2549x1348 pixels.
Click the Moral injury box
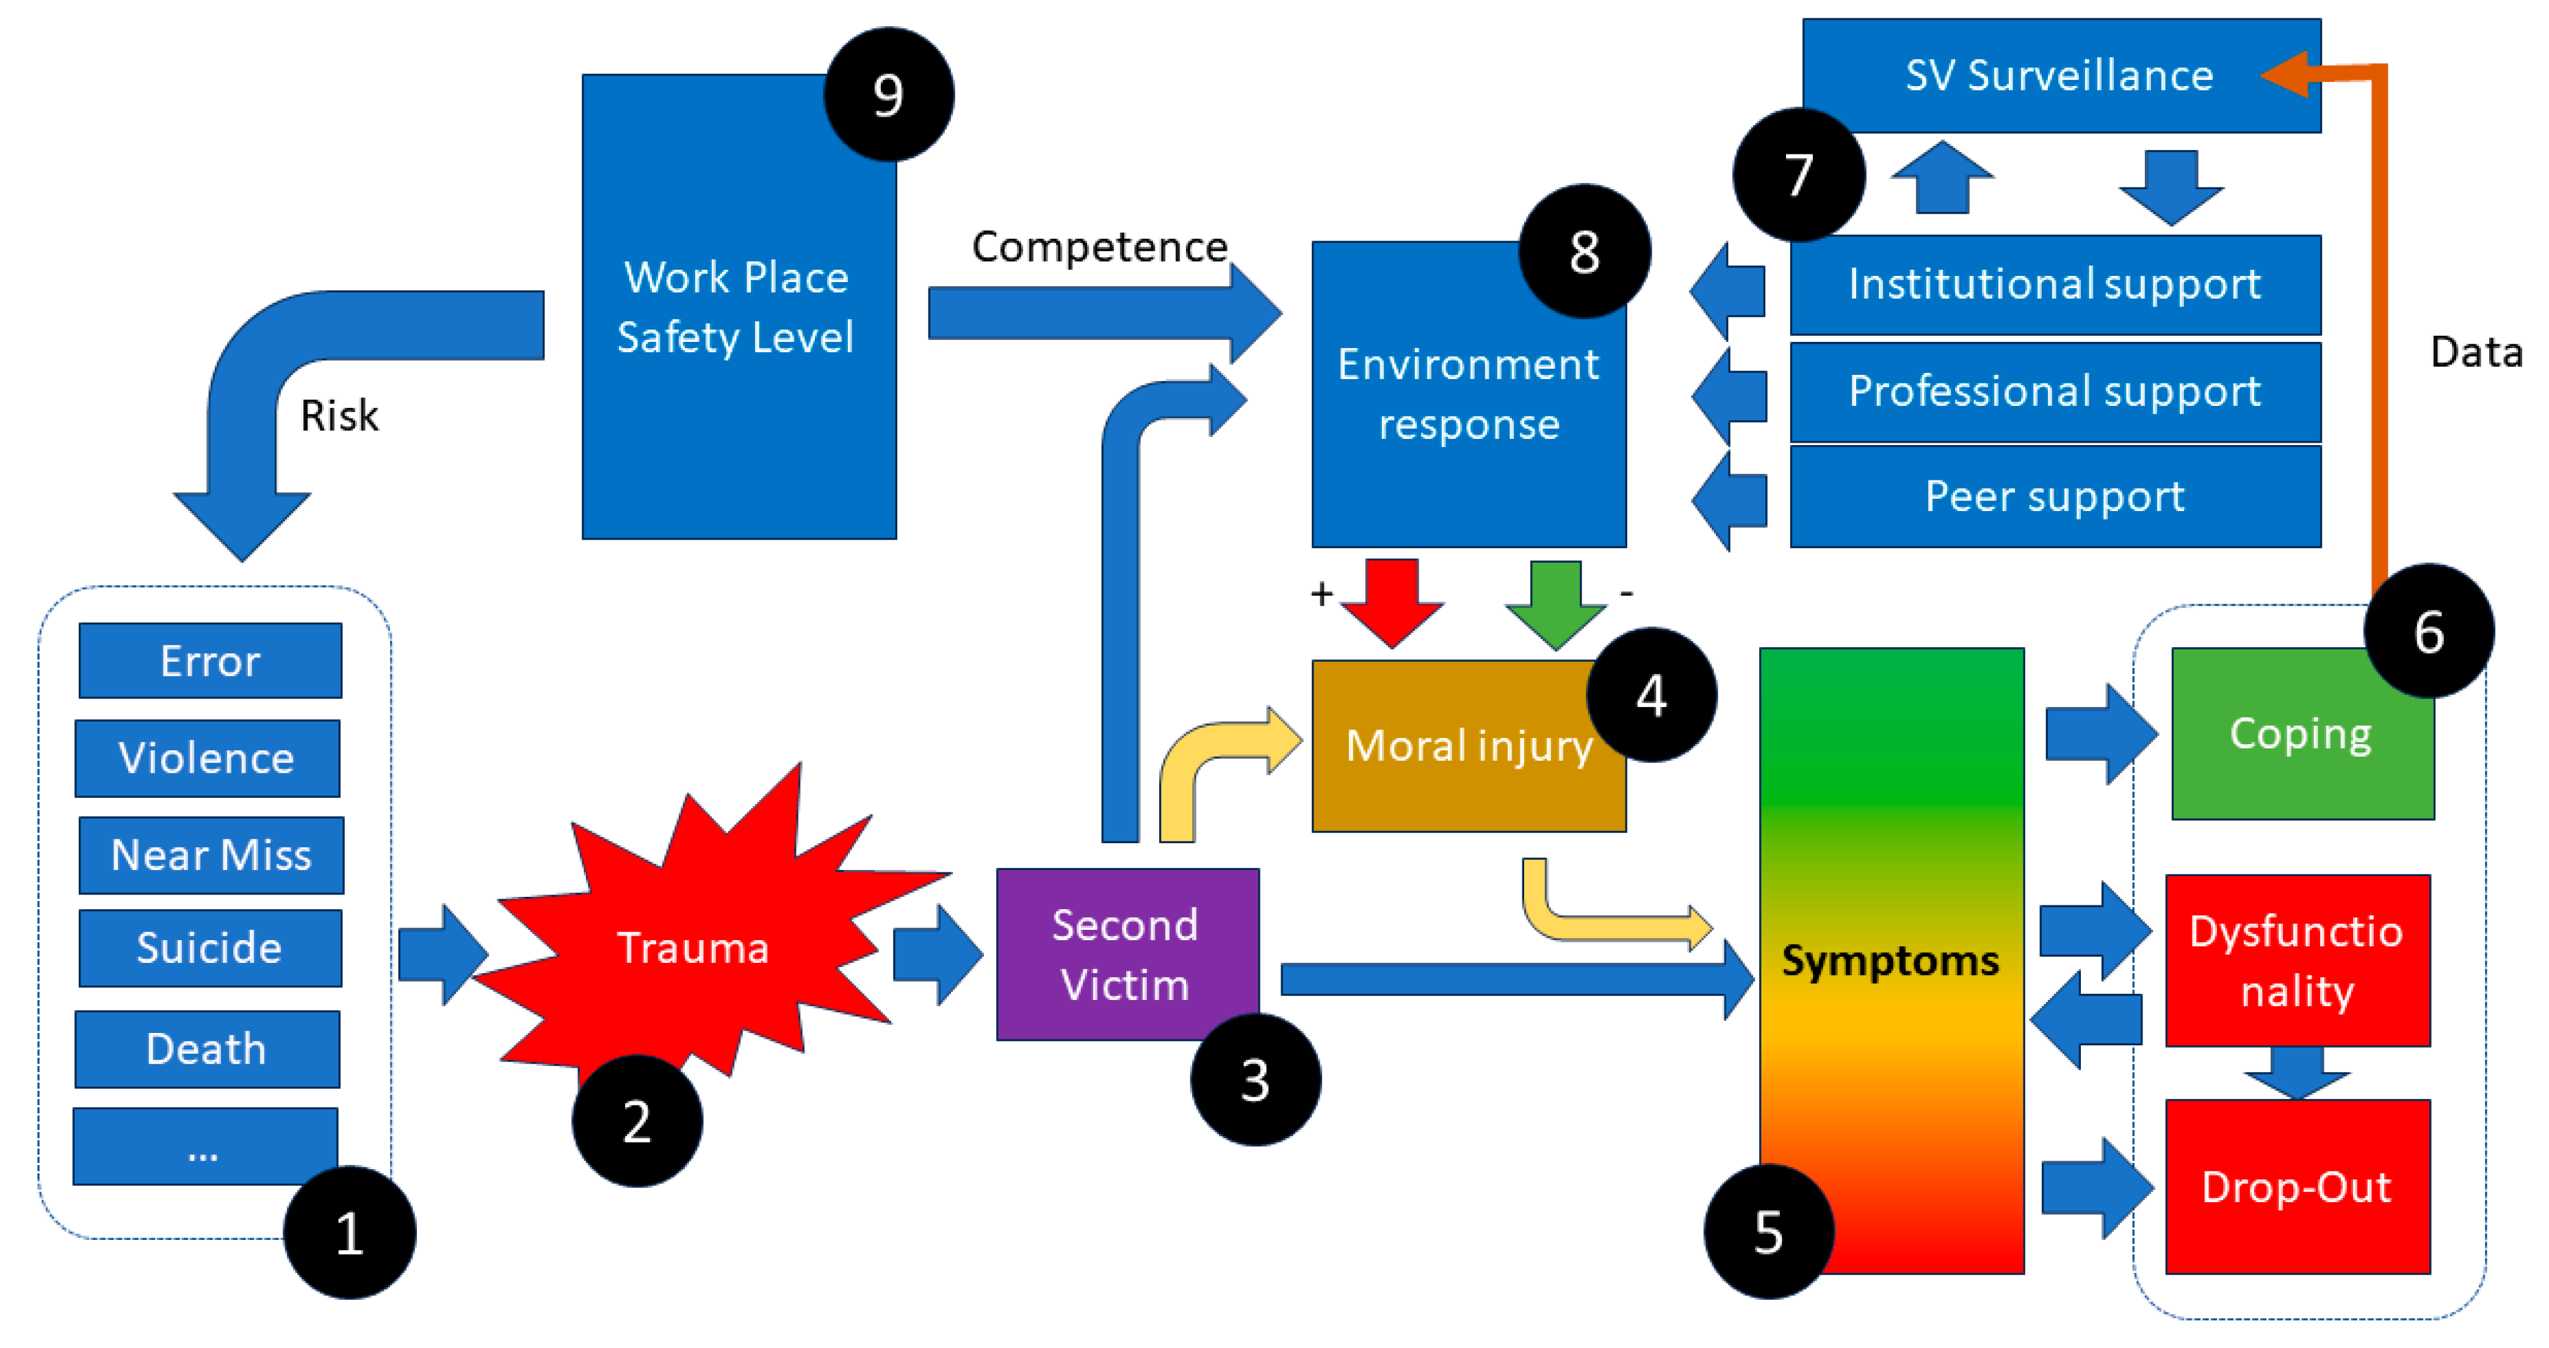pyautogui.click(x=1469, y=746)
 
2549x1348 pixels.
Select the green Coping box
pyautogui.click(x=2302, y=733)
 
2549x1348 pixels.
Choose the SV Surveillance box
pyautogui.click(x=2061, y=75)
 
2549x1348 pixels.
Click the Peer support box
pyautogui.click(x=2055, y=496)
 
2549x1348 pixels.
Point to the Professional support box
pyautogui.click(x=2055, y=392)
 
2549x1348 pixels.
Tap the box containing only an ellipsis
pyautogui.click(x=205, y=1146)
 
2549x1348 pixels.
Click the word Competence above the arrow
pyautogui.click(x=1099, y=247)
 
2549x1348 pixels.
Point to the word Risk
pyautogui.click(x=339, y=416)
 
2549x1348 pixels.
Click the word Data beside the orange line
pyautogui.click(x=2476, y=352)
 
